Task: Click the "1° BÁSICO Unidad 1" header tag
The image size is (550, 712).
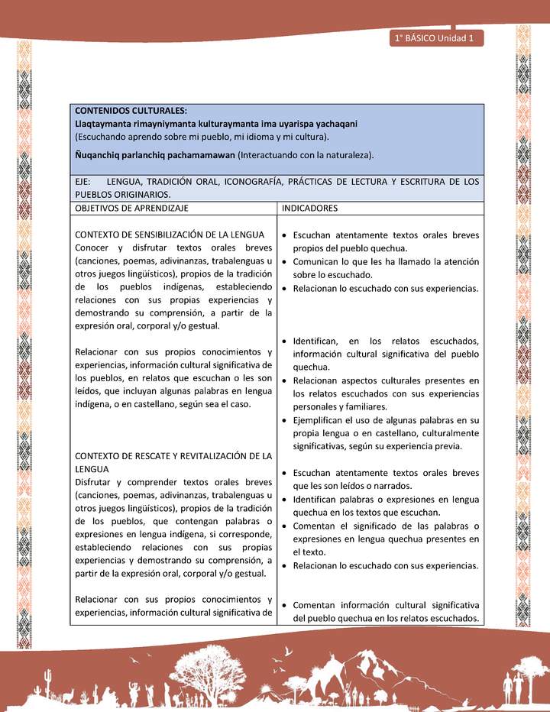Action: point(435,38)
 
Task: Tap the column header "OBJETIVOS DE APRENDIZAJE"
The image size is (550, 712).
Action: point(131,208)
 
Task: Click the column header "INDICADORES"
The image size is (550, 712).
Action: point(310,208)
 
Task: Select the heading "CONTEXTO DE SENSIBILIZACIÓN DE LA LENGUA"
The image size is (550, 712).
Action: point(170,235)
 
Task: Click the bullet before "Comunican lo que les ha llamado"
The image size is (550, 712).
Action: point(284,262)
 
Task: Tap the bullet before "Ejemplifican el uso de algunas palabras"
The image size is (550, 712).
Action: point(284,421)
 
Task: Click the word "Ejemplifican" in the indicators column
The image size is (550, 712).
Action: point(321,420)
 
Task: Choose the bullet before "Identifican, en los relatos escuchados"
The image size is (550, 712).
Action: point(284,341)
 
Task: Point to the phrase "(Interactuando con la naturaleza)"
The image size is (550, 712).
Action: point(306,155)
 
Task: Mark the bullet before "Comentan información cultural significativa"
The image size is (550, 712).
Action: point(284,606)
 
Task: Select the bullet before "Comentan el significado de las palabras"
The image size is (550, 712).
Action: point(284,526)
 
